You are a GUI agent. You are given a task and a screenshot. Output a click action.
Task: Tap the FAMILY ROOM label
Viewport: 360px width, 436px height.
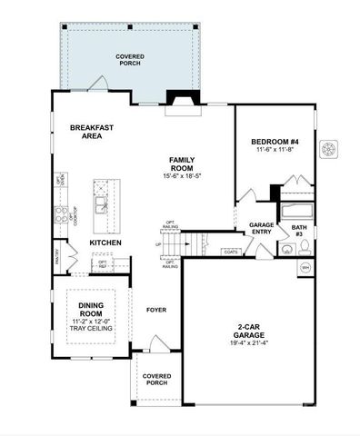[182, 163]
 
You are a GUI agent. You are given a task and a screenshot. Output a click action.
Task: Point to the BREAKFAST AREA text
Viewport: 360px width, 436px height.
[92, 132]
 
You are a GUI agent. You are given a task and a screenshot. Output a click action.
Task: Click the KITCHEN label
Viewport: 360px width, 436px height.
[106, 243]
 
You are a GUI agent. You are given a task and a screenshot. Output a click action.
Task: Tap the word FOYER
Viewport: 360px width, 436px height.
[156, 310]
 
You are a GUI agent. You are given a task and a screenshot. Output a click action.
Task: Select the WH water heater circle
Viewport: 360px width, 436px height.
[305, 268]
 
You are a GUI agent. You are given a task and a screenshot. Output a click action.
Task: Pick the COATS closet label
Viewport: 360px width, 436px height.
[232, 251]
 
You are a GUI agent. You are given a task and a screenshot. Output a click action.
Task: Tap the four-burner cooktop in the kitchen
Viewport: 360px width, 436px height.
[63, 215]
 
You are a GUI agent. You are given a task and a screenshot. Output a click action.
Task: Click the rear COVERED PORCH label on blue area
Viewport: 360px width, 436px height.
[130, 61]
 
